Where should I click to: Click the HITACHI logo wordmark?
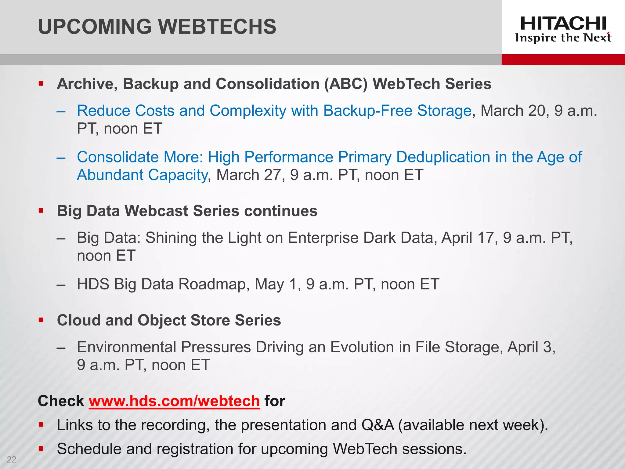coord(563,24)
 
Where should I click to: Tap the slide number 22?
coord(12,459)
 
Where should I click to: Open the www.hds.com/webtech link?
coord(174,401)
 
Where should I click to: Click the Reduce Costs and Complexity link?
coord(274,111)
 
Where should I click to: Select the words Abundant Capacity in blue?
coord(142,175)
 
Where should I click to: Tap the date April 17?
coord(467,238)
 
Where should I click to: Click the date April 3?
coord(530,347)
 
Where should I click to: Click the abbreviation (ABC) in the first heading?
coord(346,84)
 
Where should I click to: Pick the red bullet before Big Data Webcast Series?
coord(41,211)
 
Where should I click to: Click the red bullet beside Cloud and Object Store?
coord(41,320)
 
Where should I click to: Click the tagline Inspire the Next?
coord(563,38)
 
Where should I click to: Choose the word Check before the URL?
coord(61,401)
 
